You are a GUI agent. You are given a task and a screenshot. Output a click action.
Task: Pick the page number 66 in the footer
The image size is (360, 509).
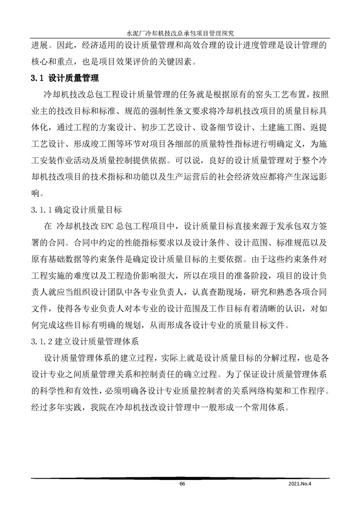182,484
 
